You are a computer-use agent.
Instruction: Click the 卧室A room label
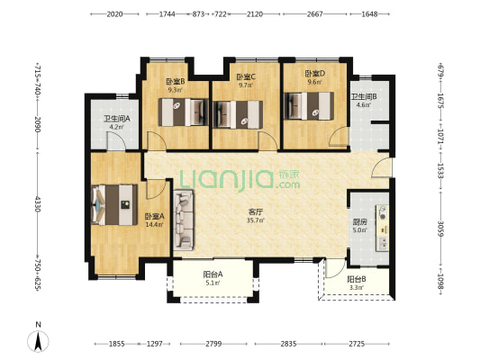(x=154, y=217)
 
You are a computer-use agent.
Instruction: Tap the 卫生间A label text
(x=117, y=119)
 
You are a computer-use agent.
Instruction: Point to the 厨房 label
(x=359, y=221)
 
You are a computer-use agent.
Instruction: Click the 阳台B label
(x=357, y=279)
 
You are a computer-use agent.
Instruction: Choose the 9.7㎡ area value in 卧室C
(x=246, y=85)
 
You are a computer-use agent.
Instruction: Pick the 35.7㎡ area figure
(x=256, y=220)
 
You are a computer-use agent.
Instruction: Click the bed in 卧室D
(x=309, y=106)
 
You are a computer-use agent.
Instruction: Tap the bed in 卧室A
(x=114, y=204)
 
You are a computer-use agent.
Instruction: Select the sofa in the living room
(x=184, y=220)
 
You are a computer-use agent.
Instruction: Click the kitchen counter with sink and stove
(x=383, y=229)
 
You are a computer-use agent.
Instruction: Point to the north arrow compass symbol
(x=38, y=341)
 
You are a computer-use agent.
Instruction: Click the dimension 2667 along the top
(x=314, y=14)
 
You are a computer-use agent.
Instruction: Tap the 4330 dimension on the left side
(x=37, y=204)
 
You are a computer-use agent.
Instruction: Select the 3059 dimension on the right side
(x=440, y=229)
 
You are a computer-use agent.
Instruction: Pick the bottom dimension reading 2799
(x=213, y=344)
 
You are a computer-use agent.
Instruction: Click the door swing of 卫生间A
(x=116, y=141)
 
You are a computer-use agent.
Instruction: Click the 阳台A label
(x=213, y=274)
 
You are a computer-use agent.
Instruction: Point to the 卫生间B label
(x=364, y=97)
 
